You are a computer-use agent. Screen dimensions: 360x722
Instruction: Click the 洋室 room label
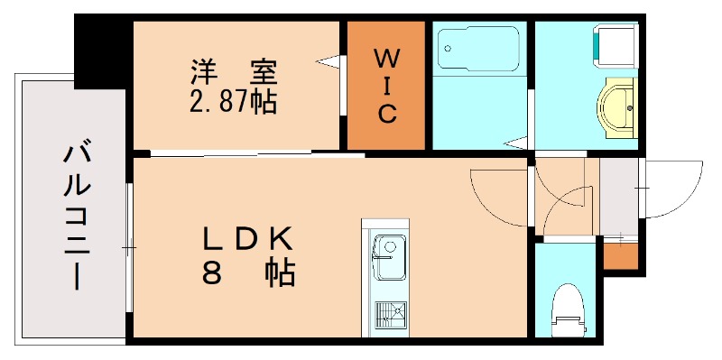(233, 70)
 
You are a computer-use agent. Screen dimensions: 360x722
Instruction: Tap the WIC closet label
(385, 87)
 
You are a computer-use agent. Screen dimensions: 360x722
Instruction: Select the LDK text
(246, 239)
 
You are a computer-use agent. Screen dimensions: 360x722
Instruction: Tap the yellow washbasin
(617, 106)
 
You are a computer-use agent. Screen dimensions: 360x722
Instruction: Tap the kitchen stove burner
(390, 314)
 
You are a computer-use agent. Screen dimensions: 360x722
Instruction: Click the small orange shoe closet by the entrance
(620, 255)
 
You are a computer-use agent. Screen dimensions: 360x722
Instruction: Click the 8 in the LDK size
(212, 272)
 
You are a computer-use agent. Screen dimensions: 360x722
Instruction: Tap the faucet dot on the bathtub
(448, 42)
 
